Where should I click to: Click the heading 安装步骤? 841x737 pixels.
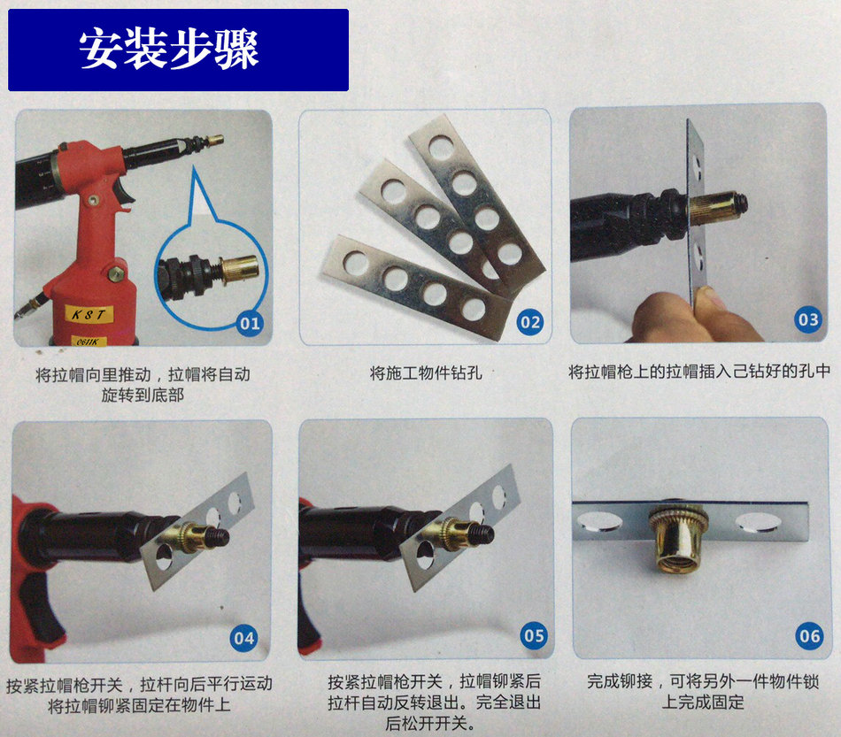(169, 49)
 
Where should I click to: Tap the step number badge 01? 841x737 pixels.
(250, 323)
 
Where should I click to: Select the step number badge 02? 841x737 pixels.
(530, 321)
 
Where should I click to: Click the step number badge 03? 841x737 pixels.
(807, 319)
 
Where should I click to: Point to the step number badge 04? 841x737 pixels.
(244, 638)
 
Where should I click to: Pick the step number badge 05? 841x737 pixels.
(534, 636)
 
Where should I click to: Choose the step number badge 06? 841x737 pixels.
(809, 636)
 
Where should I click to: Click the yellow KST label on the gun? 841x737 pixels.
(89, 314)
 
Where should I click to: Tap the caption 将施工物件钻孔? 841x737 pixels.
(426, 372)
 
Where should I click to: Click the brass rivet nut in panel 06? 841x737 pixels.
(678, 540)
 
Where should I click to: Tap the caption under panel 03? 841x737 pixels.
(699, 371)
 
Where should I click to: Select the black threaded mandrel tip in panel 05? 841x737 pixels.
(482, 534)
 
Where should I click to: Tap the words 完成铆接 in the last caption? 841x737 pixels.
(620, 681)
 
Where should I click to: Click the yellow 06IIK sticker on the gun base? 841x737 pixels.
(89, 342)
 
